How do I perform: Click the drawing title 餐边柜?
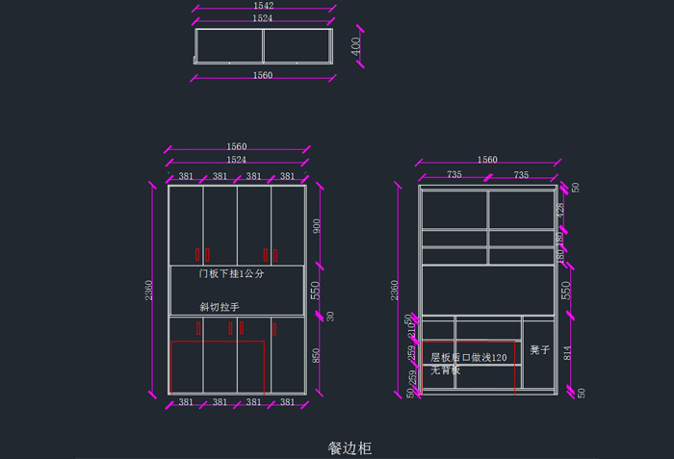tap(350, 447)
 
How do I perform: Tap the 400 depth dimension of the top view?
tap(355, 45)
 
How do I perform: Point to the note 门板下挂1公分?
tap(231, 274)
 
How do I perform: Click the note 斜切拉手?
tap(219, 307)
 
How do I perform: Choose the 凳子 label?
tap(539, 350)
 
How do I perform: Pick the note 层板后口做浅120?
tap(468, 357)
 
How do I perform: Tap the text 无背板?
tap(445, 370)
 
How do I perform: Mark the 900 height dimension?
tap(317, 226)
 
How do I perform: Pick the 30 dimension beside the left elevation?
tap(331, 316)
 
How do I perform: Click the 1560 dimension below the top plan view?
tap(262, 75)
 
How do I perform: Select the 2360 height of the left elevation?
tap(148, 290)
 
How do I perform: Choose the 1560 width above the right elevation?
tap(487, 160)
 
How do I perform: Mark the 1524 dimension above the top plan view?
tap(262, 18)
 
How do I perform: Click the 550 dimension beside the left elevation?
tap(315, 289)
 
